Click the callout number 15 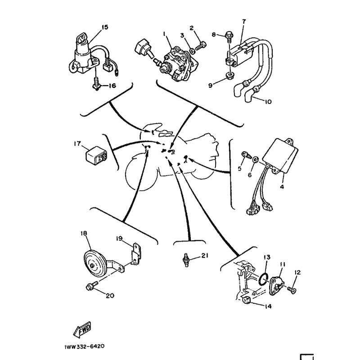pos(104,27)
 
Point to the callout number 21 pos(205,256)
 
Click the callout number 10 pos(268,102)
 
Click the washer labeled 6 pos(255,158)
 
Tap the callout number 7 pos(244,22)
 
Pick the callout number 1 pos(165,33)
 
